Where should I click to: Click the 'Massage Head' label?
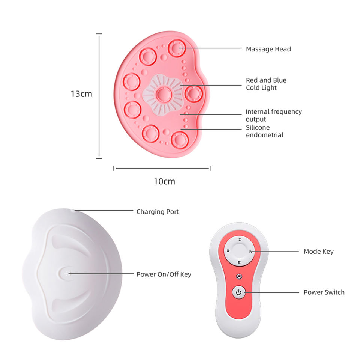[x=268, y=49]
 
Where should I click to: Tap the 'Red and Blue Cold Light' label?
[x=266, y=84]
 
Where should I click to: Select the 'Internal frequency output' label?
[x=273, y=115]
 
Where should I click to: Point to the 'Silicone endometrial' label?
[x=264, y=131]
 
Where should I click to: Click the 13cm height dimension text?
[x=81, y=94]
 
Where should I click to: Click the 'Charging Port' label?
[x=157, y=212]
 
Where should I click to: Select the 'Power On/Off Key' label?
[x=163, y=274]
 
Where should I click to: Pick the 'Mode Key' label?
[x=318, y=252]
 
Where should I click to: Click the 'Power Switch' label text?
[x=324, y=292]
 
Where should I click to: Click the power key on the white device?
[x=67, y=274]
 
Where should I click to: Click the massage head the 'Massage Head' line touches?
[x=177, y=48]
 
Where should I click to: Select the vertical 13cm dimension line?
[x=99, y=96]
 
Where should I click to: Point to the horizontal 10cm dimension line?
[x=162, y=168]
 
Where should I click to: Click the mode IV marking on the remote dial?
[x=250, y=252]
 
